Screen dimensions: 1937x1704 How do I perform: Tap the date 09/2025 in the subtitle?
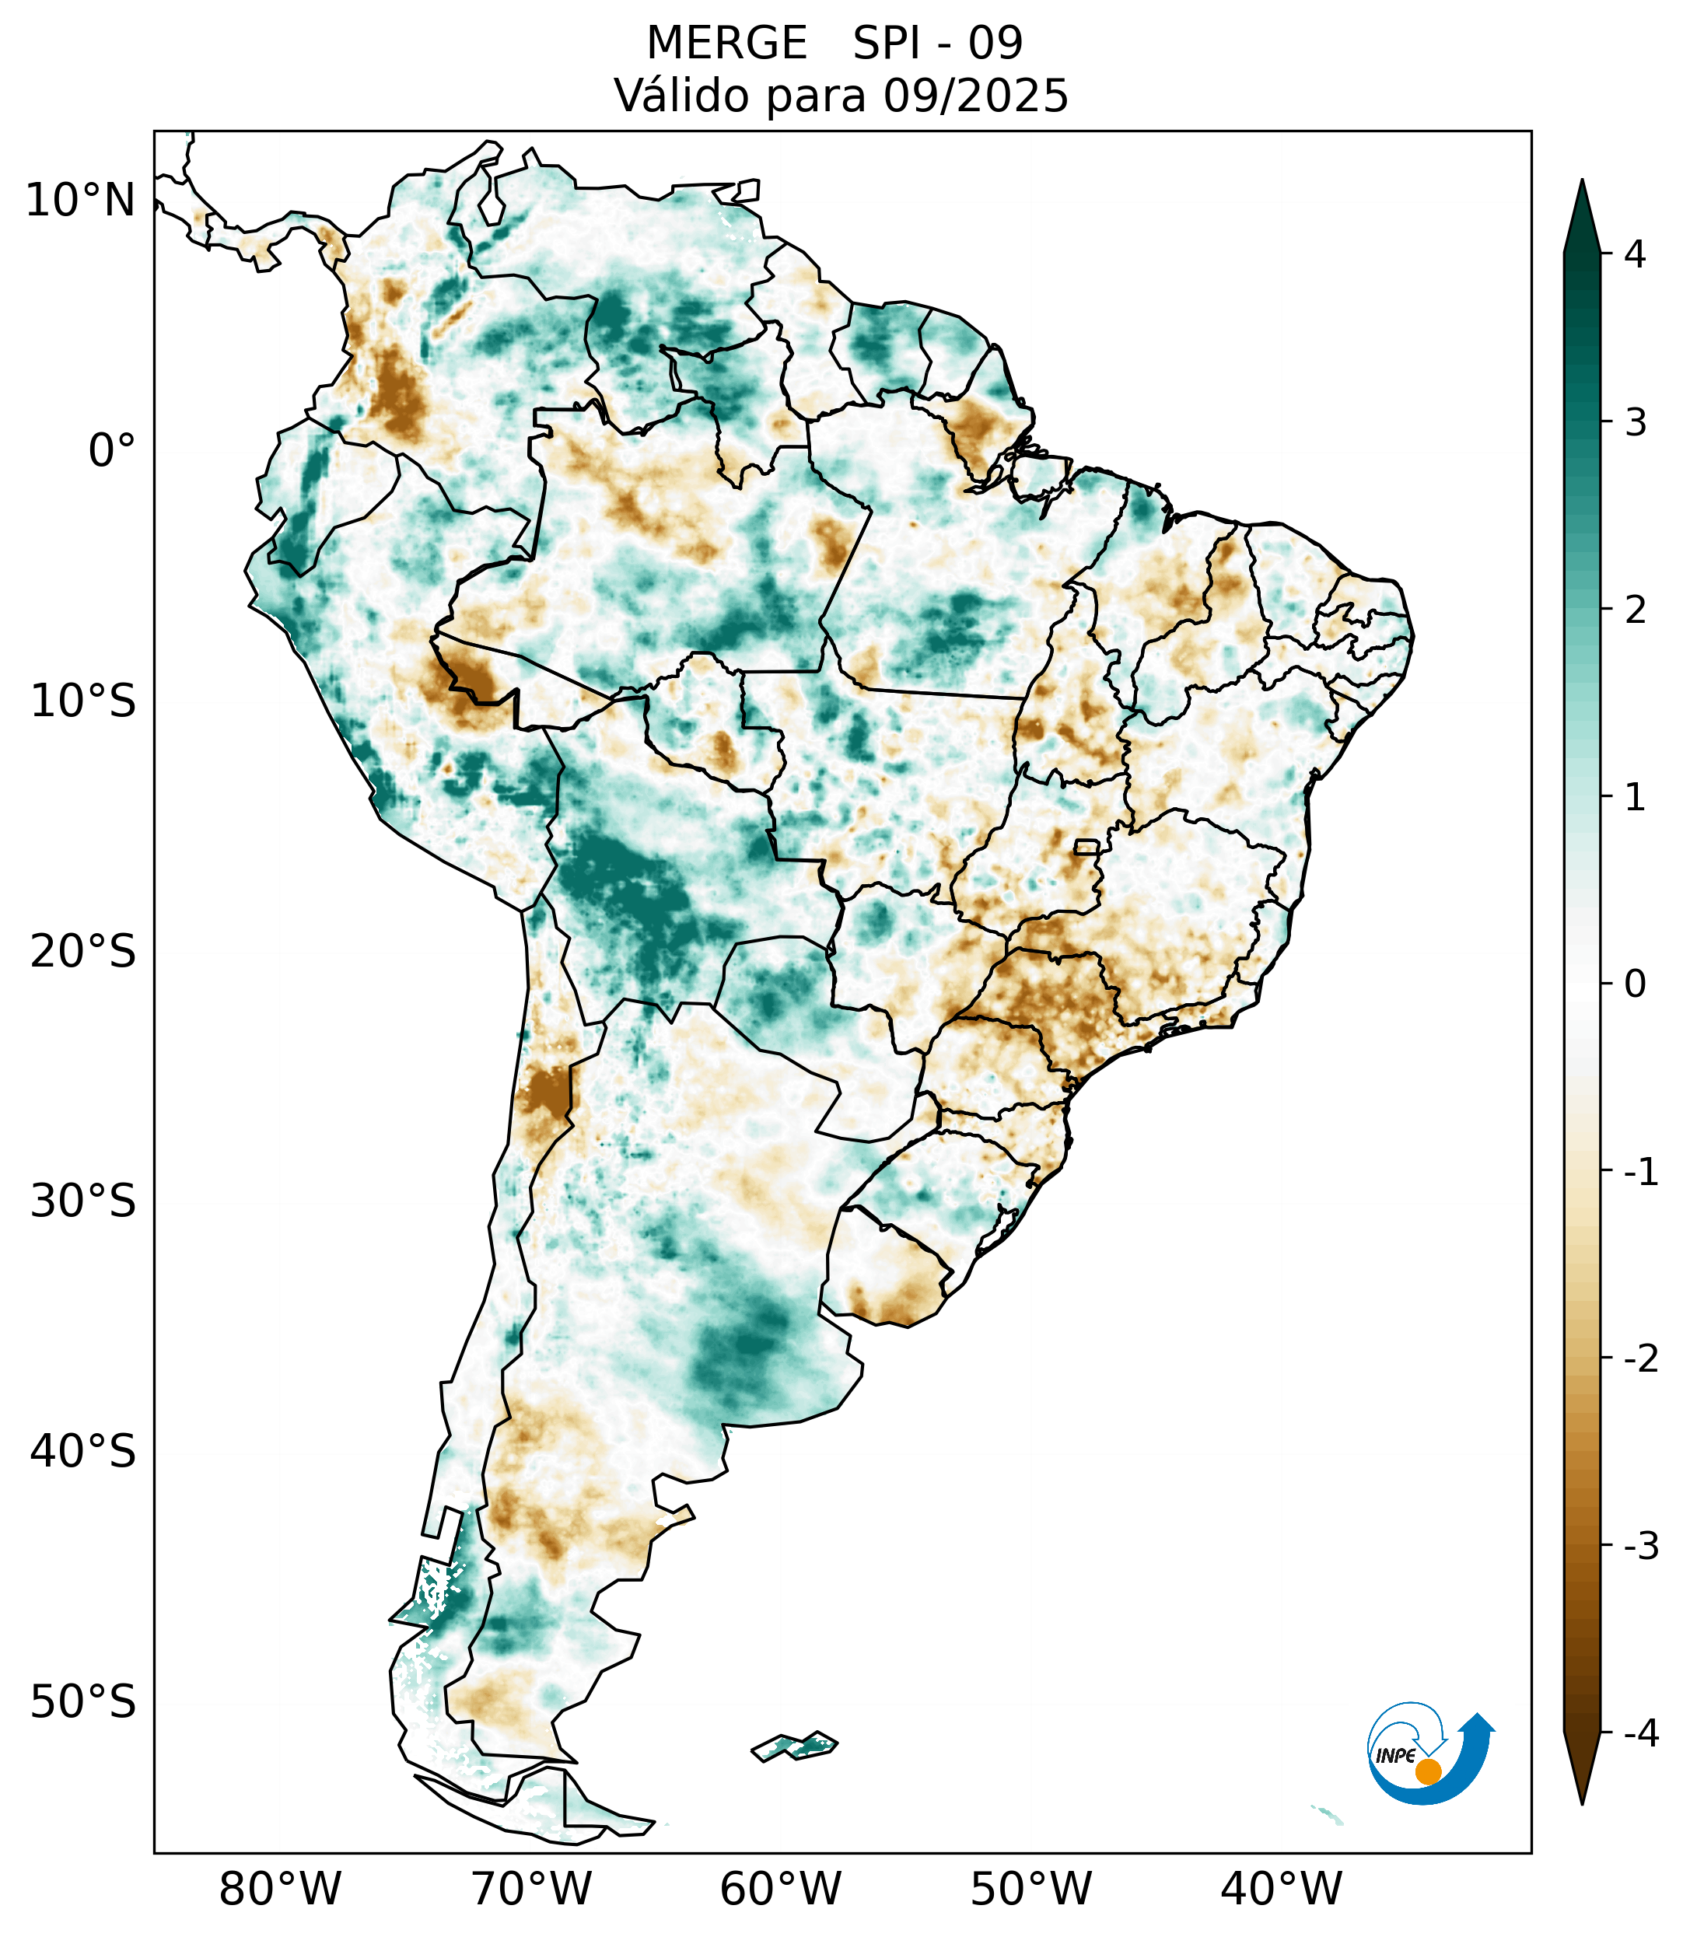click(976, 96)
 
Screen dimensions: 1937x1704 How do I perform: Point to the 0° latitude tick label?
click(112, 451)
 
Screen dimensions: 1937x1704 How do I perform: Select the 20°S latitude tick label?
click(83, 952)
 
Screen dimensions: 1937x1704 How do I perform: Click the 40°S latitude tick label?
click(83, 1452)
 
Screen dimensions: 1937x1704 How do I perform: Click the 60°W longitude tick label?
click(780, 1888)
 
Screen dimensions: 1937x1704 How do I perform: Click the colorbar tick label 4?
click(1635, 254)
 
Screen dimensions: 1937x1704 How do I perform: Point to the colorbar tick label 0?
click(1635, 984)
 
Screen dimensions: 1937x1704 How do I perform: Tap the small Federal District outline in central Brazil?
click(1086, 846)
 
